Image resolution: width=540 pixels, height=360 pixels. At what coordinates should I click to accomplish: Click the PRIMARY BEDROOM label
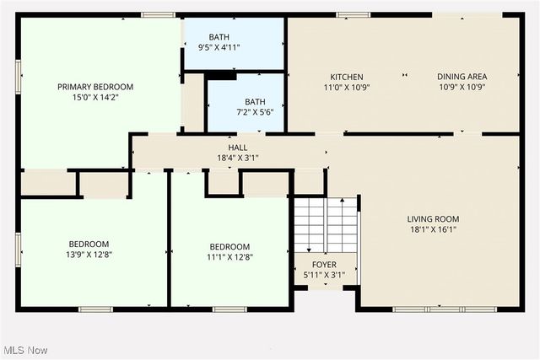[95, 87]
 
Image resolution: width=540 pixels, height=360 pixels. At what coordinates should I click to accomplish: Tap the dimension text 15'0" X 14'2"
[95, 98]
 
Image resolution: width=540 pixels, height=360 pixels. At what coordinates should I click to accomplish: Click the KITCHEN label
[347, 76]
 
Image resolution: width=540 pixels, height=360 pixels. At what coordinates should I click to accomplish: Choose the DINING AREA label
[462, 76]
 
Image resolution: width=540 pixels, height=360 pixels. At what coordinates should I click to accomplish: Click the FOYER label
[324, 265]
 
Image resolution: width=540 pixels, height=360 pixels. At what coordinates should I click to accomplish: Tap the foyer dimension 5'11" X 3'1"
[324, 275]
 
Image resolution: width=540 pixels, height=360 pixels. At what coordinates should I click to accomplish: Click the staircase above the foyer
[325, 225]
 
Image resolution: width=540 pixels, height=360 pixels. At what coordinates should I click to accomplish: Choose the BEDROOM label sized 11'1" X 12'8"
[229, 246]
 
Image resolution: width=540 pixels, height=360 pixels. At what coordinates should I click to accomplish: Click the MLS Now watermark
[24, 350]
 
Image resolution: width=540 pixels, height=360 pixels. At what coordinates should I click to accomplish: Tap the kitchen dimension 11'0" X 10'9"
[347, 87]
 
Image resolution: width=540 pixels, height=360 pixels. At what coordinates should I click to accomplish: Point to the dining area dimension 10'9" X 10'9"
[462, 87]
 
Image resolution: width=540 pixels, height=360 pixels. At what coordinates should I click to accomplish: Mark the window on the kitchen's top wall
[353, 14]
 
